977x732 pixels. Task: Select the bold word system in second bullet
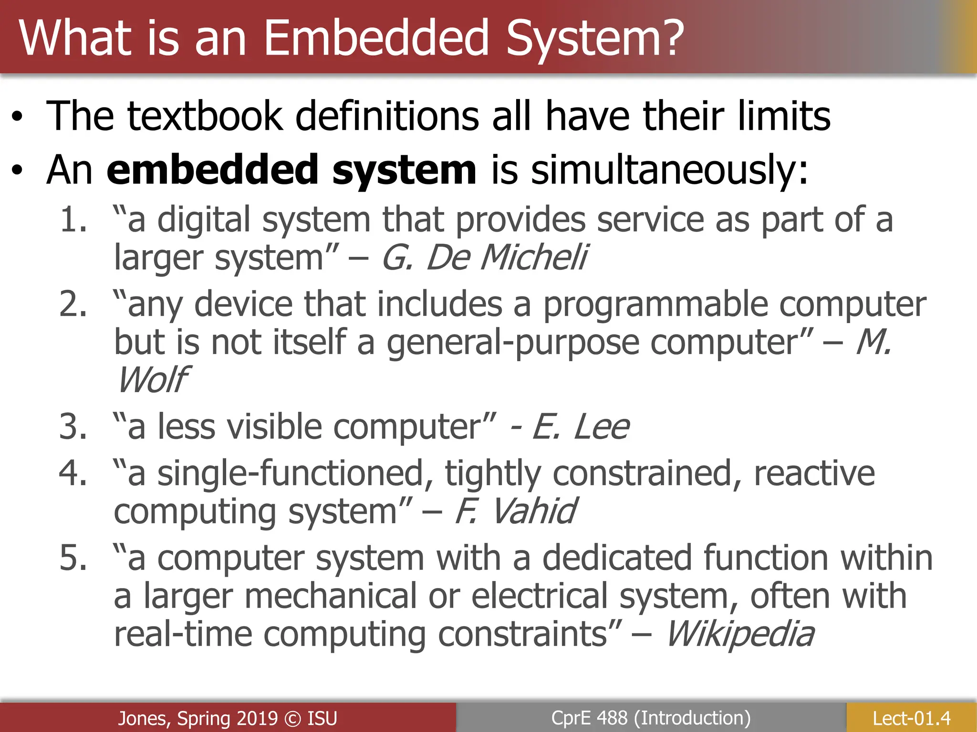404,170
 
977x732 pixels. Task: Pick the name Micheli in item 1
534,258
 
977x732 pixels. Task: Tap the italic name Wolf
153,380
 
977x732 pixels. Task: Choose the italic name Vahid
533,511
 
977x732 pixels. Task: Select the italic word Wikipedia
739,634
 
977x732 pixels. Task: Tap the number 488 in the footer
612,718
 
